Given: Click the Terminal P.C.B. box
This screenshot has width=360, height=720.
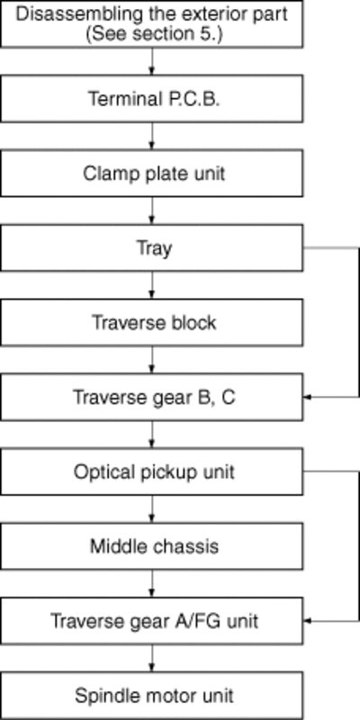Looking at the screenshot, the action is [151, 99].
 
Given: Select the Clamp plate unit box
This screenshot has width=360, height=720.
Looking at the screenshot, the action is [151, 174].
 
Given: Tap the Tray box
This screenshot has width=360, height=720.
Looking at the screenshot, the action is [151, 248].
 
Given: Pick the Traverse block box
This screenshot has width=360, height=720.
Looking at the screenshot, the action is [151, 322].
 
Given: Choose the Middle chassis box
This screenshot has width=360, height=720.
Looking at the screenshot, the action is [151, 546].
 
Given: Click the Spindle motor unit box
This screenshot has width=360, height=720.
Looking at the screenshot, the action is [151, 696].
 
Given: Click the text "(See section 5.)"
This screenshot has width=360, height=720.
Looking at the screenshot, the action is [154, 34].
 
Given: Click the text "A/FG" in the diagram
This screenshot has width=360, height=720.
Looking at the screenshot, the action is [200, 621].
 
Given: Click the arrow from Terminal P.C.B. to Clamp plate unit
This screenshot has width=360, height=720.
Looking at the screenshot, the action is [152, 136].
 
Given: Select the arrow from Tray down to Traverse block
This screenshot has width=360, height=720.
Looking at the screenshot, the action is [152, 285].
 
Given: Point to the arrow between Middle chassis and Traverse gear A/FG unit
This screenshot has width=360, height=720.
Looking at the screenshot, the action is [152, 583].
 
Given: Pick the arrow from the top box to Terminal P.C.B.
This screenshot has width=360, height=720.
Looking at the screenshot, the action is [152, 61].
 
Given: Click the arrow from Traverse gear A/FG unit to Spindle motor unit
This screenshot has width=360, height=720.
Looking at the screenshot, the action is [152, 658].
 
